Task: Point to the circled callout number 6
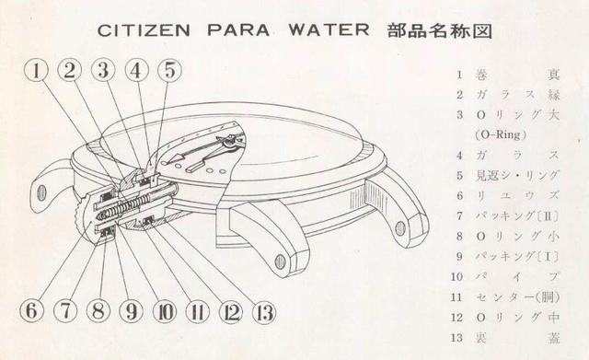[x=30, y=310]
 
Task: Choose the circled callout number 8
[x=98, y=310]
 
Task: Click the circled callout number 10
[x=166, y=310]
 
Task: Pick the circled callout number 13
[x=266, y=310]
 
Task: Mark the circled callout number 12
[x=232, y=310]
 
